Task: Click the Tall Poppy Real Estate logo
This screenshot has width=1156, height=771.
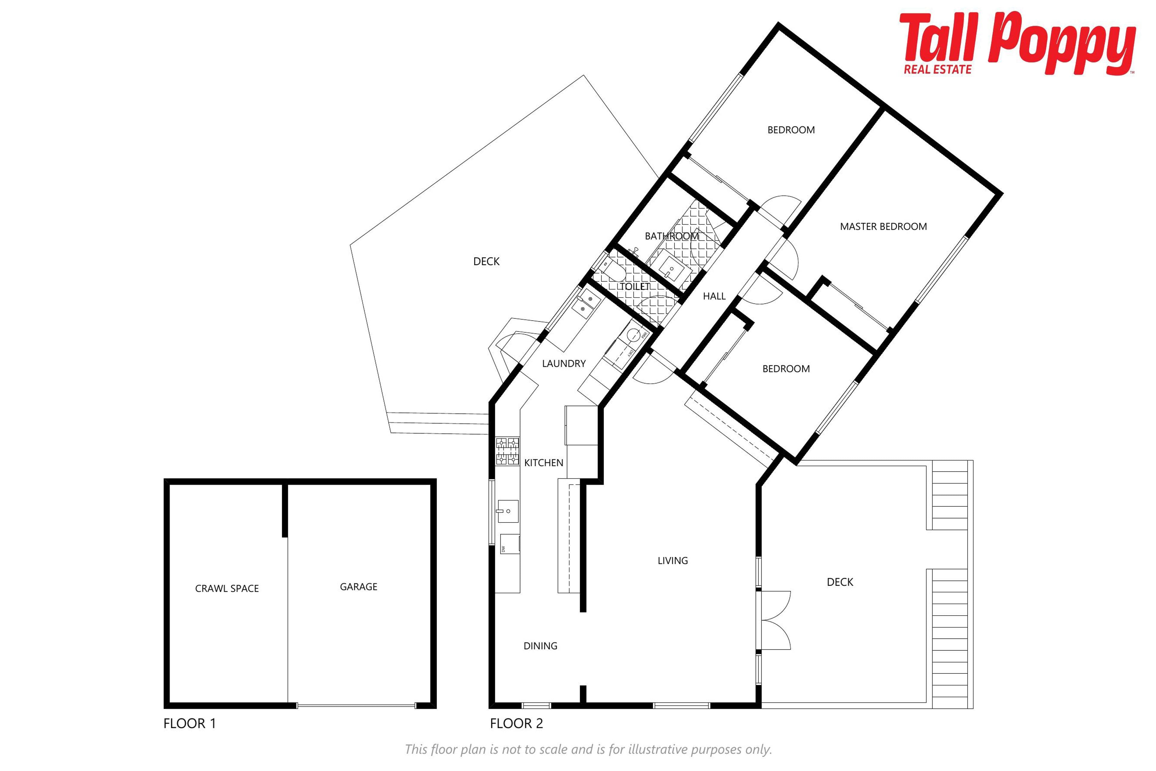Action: click(1018, 43)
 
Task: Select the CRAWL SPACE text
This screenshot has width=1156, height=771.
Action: click(227, 588)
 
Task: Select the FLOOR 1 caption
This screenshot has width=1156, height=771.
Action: click(190, 723)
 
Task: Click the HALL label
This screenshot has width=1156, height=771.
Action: click(714, 296)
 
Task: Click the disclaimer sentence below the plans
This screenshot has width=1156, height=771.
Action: click(588, 749)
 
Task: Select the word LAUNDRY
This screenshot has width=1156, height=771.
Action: click(564, 364)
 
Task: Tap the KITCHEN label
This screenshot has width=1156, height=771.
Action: click(544, 463)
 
